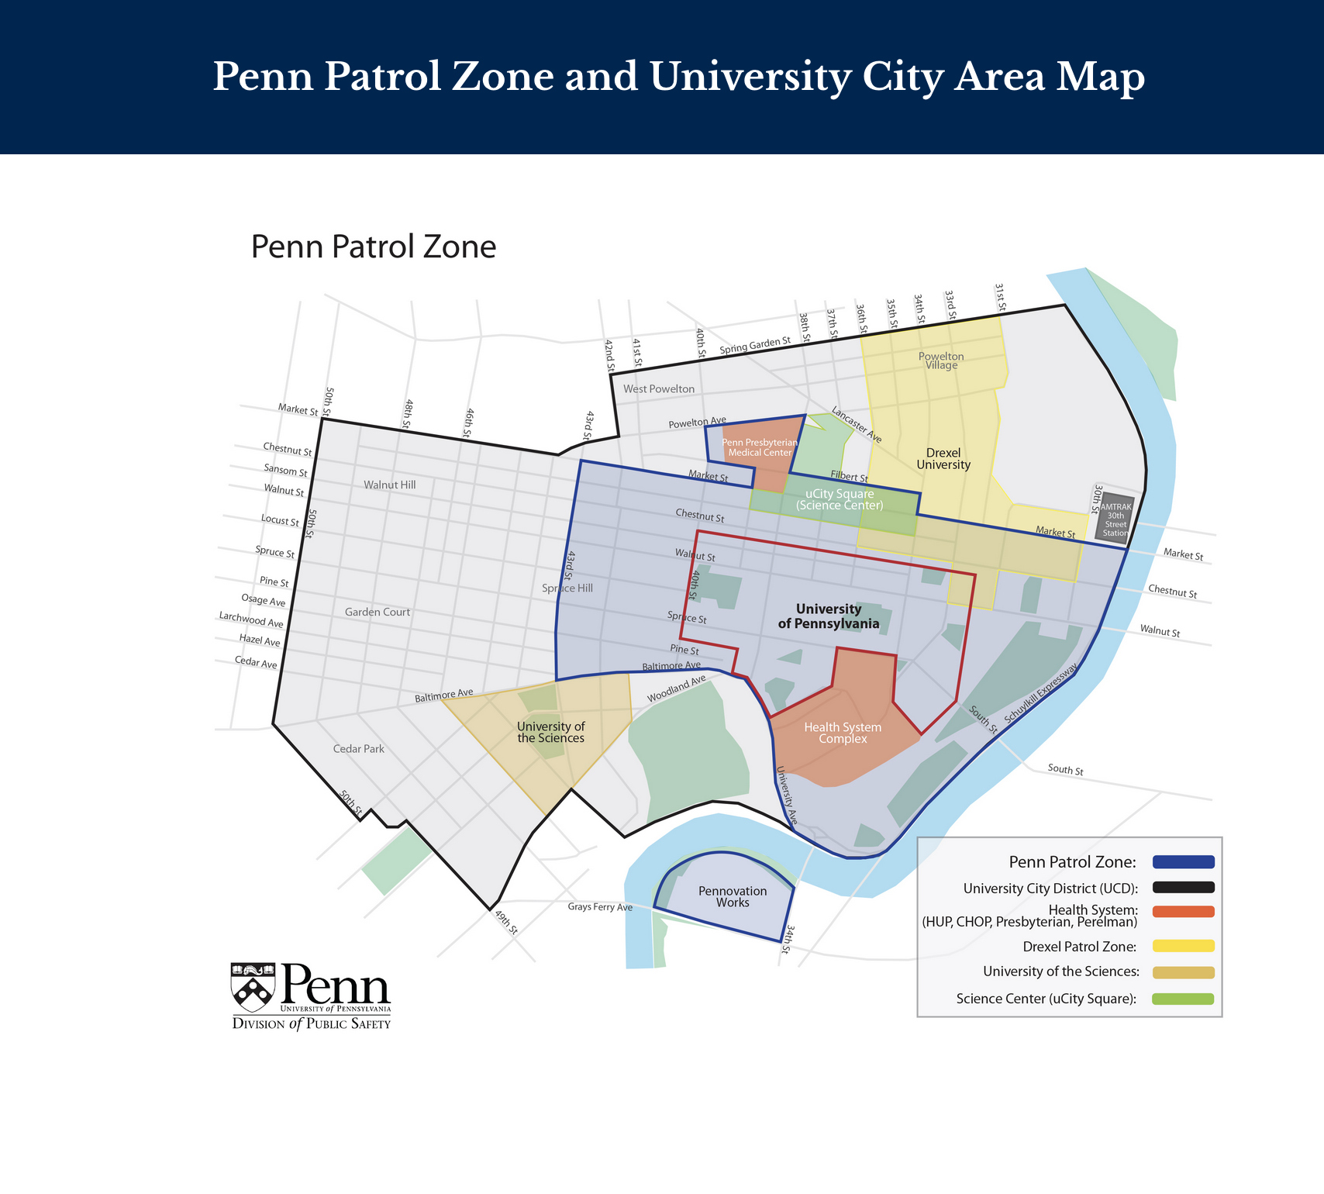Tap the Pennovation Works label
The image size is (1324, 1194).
pos(733,897)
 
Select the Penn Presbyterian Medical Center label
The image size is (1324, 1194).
pos(760,447)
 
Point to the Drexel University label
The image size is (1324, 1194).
pos(943,459)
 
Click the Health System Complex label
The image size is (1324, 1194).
pos(843,733)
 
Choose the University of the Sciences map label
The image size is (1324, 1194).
pos(551,732)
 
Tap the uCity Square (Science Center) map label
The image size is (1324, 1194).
pos(840,499)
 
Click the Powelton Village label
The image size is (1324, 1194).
pos(941,361)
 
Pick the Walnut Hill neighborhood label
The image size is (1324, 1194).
pos(390,485)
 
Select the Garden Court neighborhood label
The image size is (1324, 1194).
pos(378,612)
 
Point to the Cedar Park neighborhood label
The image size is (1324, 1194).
pos(358,749)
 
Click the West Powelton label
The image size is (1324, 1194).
pos(659,389)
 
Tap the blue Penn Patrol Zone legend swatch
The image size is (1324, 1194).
pos(1183,862)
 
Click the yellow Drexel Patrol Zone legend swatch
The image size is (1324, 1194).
pos(1183,946)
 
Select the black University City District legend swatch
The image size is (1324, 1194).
pos(1183,888)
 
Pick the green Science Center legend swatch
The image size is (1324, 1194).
pos(1183,999)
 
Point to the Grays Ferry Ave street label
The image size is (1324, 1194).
pos(600,906)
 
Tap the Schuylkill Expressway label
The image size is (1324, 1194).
pos(1040,695)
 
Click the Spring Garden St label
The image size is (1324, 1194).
pos(755,346)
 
